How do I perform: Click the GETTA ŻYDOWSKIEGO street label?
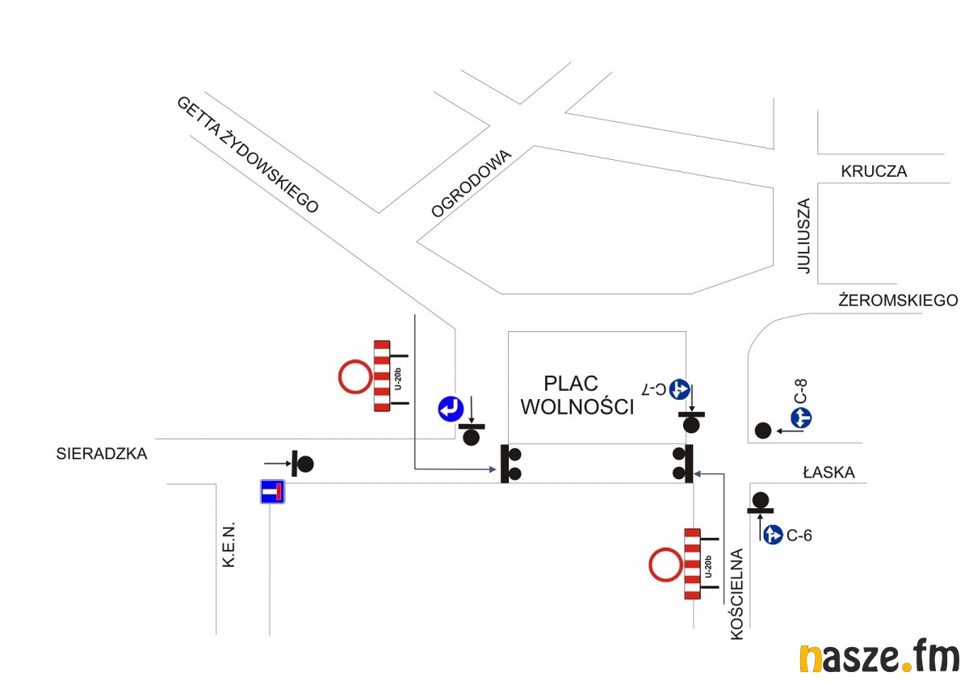(248, 154)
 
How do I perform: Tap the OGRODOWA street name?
(472, 184)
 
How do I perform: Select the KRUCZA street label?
(874, 171)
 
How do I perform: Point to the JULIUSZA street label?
(803, 236)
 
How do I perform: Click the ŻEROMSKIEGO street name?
(898, 300)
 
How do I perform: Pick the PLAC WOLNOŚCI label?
(577, 394)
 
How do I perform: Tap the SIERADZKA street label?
(103, 453)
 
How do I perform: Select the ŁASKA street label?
(828, 473)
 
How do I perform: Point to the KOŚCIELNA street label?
(736, 595)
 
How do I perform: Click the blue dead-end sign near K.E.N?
(272, 491)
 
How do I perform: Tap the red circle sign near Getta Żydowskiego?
(354, 377)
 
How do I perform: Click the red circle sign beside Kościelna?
(665, 565)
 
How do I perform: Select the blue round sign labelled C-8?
(801, 418)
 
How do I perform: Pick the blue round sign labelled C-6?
(773, 534)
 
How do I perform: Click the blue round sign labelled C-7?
(678, 389)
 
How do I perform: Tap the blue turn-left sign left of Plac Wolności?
(450, 409)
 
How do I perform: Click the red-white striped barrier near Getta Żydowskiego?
(382, 376)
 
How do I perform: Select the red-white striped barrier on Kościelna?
(692, 564)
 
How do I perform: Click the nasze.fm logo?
(879, 658)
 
